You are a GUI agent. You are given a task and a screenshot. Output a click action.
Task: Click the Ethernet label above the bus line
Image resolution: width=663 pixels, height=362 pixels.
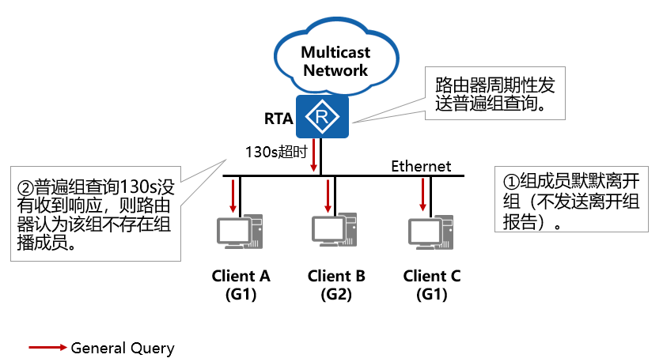(x=421, y=166)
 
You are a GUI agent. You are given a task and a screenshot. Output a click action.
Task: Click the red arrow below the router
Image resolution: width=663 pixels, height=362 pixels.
(x=315, y=156)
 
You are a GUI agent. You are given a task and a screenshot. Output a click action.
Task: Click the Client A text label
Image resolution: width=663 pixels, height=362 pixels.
(x=241, y=276)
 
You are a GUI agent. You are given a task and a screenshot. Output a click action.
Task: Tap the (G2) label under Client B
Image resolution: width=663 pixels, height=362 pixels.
(x=335, y=295)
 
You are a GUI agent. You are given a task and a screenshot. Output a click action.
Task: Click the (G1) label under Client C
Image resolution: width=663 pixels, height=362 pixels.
(x=431, y=295)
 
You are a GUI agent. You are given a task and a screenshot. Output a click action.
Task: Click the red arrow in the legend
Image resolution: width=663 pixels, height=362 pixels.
(x=47, y=348)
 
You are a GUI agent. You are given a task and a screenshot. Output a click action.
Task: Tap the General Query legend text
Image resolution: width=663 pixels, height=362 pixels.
(x=123, y=348)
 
